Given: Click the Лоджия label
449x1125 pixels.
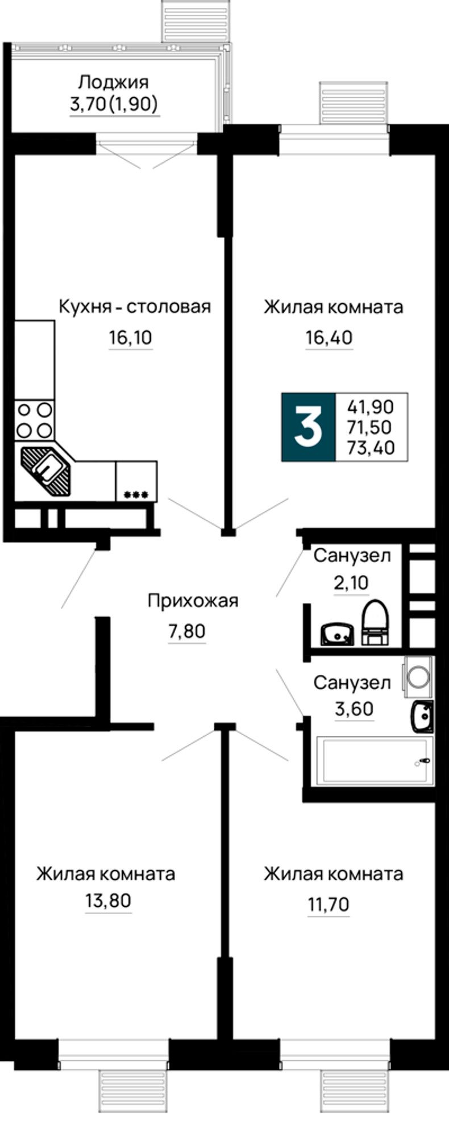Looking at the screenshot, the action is pos(114,82).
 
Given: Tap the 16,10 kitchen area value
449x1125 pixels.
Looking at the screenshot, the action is pos(131,338).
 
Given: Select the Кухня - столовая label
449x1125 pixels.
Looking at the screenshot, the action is pos(135,307).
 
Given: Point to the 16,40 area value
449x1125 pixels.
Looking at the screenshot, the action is pos(329,338).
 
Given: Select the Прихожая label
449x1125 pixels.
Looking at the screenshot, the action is pos(193,601).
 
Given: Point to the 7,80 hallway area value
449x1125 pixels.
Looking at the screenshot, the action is pos(186,631).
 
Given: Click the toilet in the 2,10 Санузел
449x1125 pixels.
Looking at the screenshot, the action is pos(375,622).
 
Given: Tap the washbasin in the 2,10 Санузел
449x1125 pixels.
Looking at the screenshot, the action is pos(338,634).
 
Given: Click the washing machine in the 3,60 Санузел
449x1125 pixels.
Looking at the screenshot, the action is pos(418,675).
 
